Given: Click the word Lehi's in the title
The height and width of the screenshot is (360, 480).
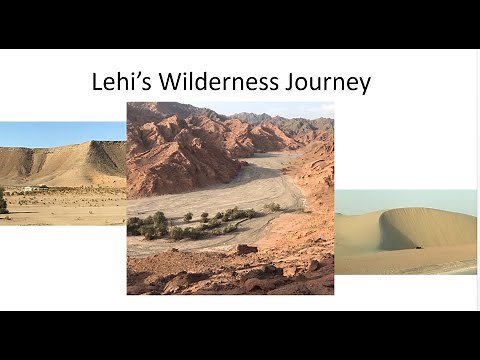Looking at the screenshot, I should click(119, 82).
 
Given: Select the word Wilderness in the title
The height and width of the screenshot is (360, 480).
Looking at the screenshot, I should click(214, 82).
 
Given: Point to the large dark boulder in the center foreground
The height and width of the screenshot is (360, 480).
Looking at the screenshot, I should click(246, 249).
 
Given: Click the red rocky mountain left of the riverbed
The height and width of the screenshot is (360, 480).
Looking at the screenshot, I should click(175, 150).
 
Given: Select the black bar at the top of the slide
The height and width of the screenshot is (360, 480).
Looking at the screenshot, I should click(240, 23).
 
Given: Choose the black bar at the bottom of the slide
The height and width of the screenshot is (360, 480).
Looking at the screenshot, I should click(240, 336).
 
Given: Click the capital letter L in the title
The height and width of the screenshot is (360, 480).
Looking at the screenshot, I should click(98, 82).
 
